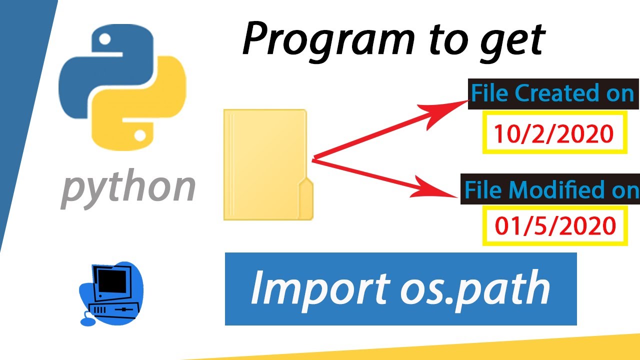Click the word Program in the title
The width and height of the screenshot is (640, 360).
pos(328,40)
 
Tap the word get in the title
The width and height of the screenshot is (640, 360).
pos(513,43)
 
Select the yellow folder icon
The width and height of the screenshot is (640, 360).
pos(268,164)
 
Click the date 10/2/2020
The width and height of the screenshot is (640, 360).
pos(553,133)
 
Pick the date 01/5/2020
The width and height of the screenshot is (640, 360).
pos(555,225)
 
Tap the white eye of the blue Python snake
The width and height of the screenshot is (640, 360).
pos(104,39)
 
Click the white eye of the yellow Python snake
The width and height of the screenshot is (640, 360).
pos(140,135)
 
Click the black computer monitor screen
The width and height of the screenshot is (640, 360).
pos(111,281)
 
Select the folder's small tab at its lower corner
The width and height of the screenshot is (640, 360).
pos(306,198)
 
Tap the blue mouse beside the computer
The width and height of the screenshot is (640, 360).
pos(87,322)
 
